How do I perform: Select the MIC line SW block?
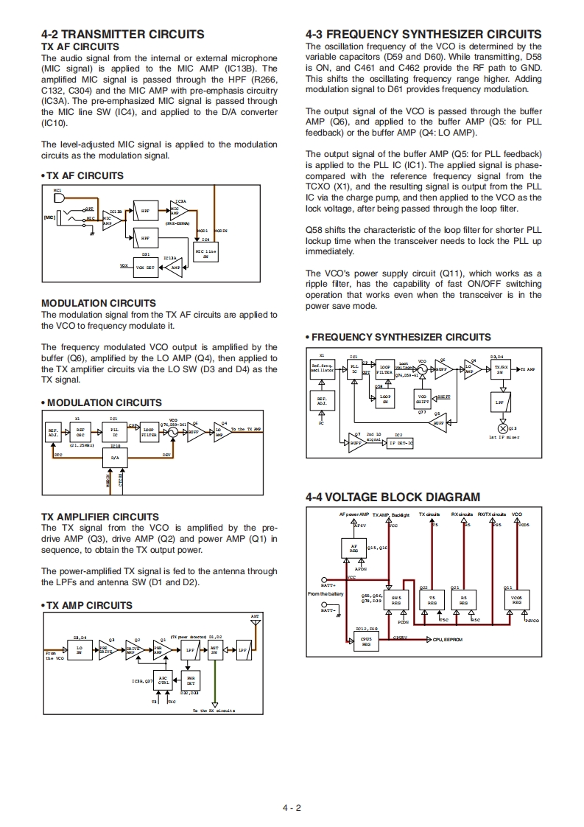(x=205, y=253)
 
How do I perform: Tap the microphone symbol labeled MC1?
(x=60, y=197)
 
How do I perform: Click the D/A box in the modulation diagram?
(x=115, y=457)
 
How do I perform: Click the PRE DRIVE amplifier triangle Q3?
(x=105, y=649)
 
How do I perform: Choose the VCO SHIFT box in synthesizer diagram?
(x=422, y=399)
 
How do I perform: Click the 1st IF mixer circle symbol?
(x=504, y=428)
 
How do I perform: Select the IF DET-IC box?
(x=401, y=443)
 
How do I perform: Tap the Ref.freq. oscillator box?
(x=322, y=367)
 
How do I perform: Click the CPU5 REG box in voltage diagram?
(x=366, y=641)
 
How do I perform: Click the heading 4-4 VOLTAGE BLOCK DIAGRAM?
(x=393, y=498)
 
